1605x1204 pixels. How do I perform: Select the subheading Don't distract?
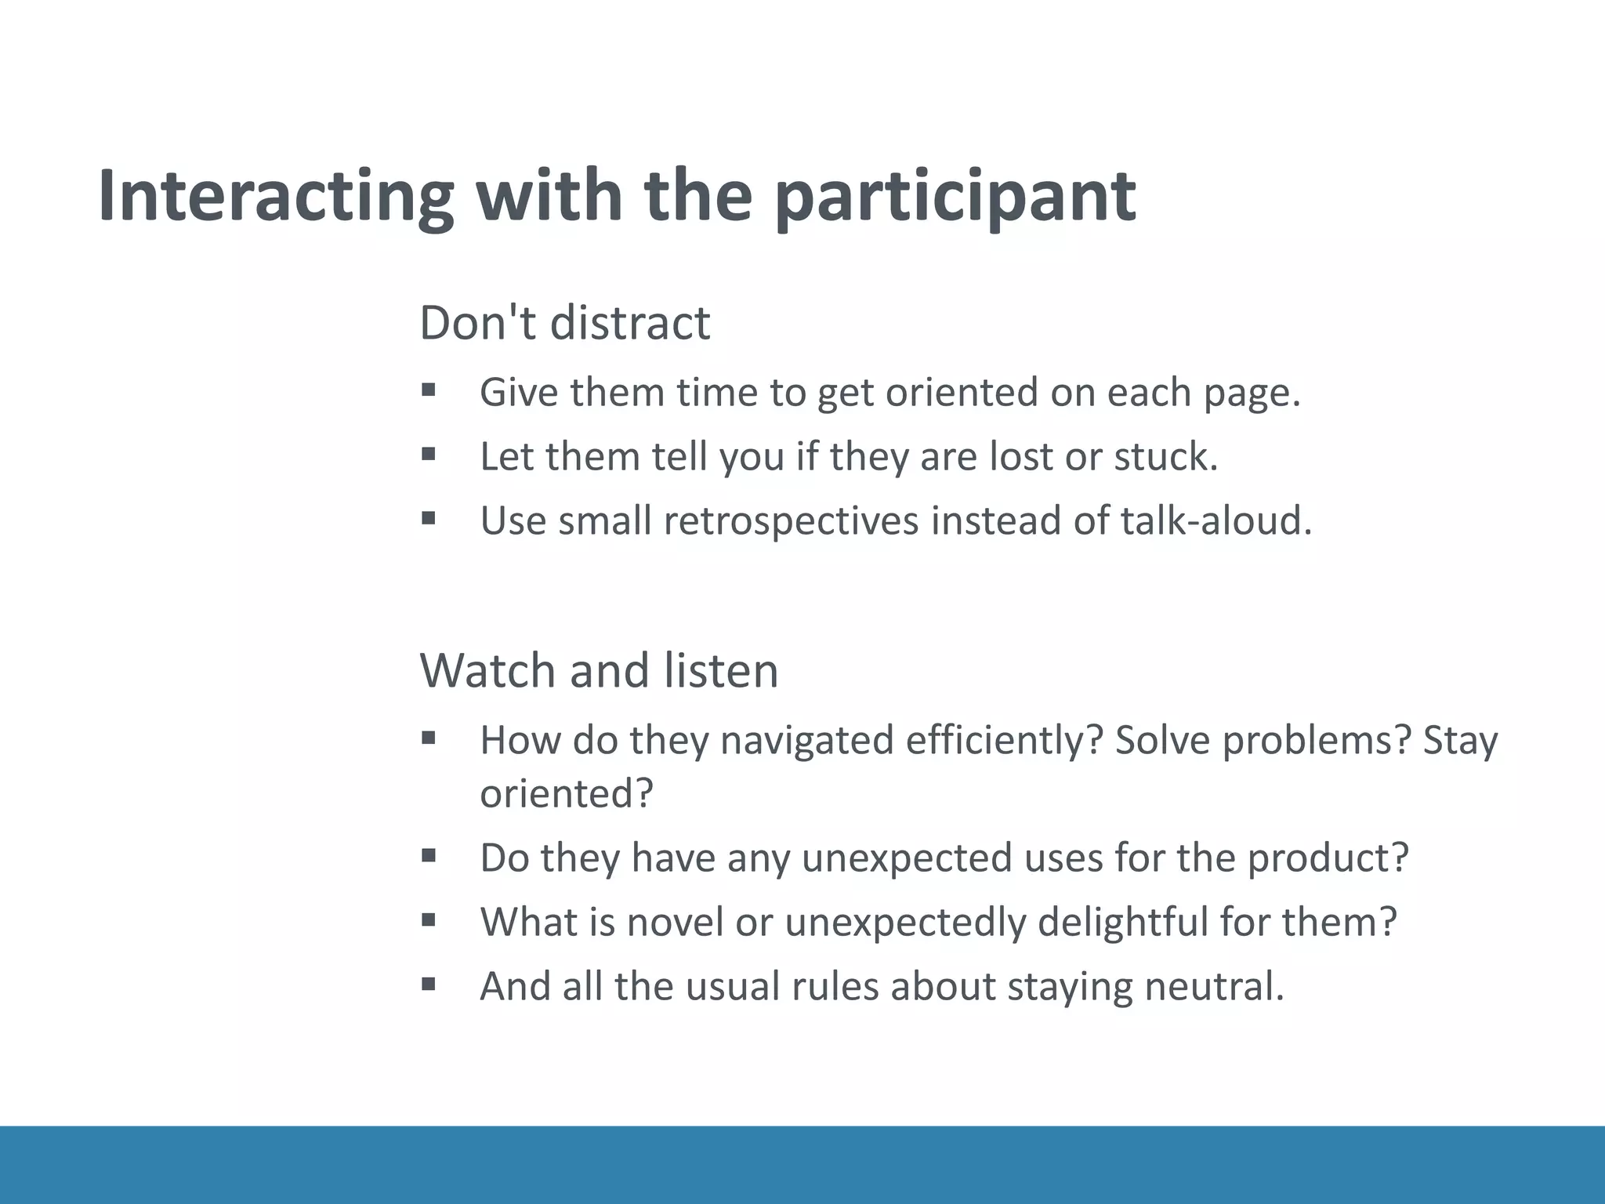coord(564,322)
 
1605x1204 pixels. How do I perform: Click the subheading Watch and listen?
coord(599,670)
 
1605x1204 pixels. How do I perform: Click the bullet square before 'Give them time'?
coord(428,390)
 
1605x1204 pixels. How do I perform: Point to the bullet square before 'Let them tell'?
coord(428,454)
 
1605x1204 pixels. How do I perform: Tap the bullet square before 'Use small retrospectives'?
coord(428,518)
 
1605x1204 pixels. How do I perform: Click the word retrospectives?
coord(791,520)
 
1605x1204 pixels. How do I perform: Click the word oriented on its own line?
coord(565,793)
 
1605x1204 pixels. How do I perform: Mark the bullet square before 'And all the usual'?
coord(428,984)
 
